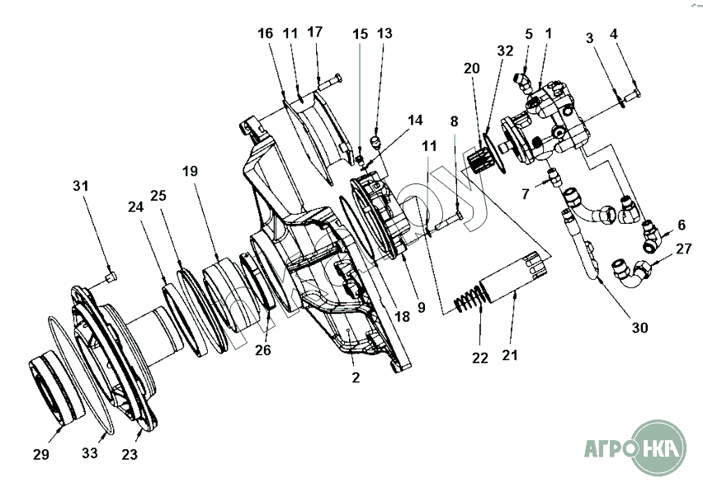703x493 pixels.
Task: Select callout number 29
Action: pyautogui.click(x=41, y=455)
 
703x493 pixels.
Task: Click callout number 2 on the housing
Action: pyautogui.click(x=356, y=379)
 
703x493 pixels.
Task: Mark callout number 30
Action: pyautogui.click(x=639, y=327)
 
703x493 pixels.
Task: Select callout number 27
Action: pyautogui.click(x=684, y=248)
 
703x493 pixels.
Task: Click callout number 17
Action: pyautogui.click(x=315, y=32)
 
